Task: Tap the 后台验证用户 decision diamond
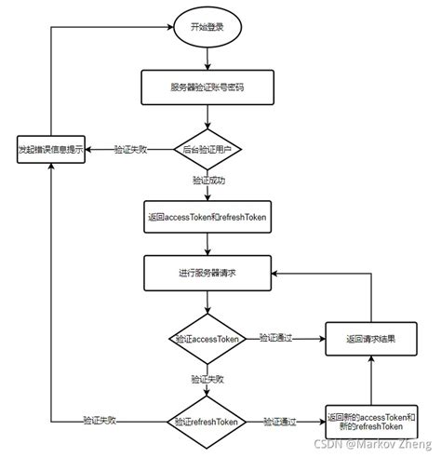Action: tap(207, 149)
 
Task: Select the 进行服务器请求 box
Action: tap(207, 273)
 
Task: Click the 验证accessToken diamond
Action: tap(207, 339)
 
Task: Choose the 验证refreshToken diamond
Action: tap(207, 421)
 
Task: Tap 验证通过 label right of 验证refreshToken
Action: tap(281, 421)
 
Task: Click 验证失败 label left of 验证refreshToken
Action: tap(100, 421)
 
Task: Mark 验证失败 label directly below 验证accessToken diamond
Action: tap(207, 380)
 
